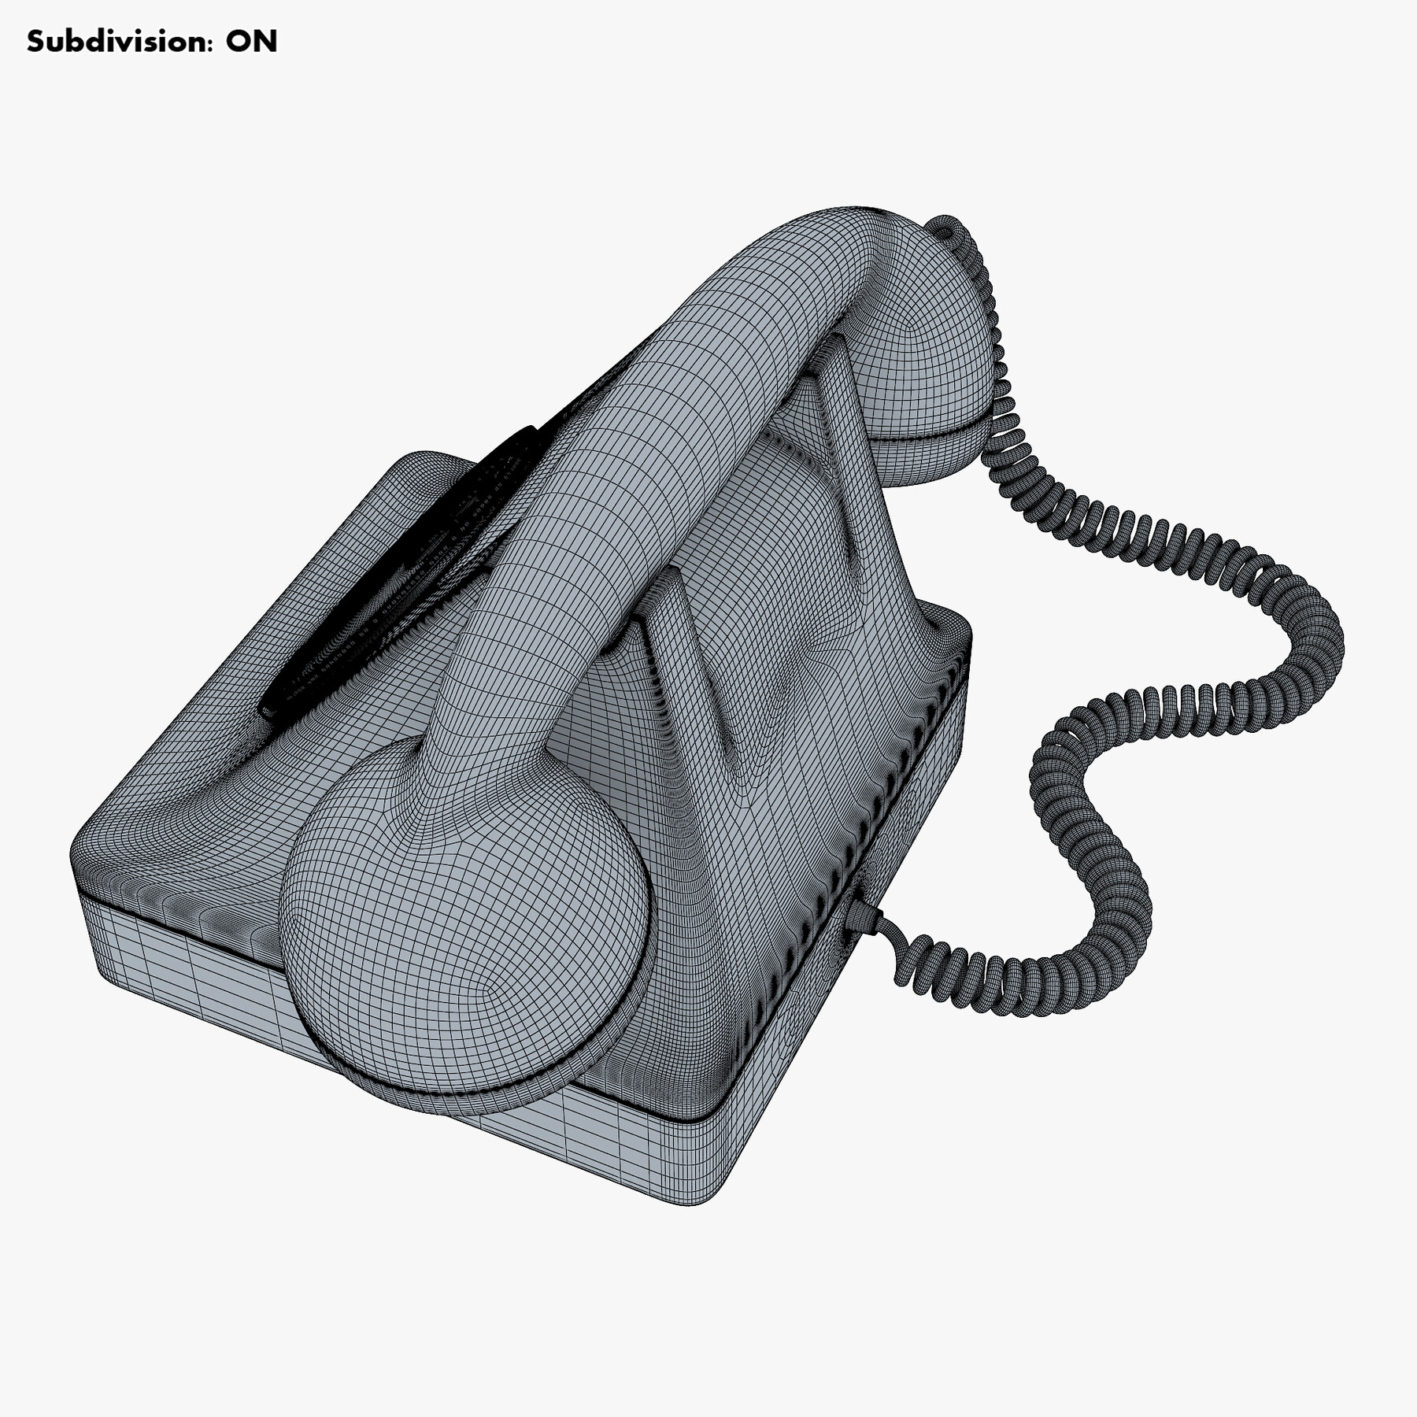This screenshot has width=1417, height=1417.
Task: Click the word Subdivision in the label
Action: pos(118,42)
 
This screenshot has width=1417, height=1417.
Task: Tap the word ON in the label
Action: pos(252,42)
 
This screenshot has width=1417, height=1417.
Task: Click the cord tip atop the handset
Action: pos(945,228)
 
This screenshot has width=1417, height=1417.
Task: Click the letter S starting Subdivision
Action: pos(36,42)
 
